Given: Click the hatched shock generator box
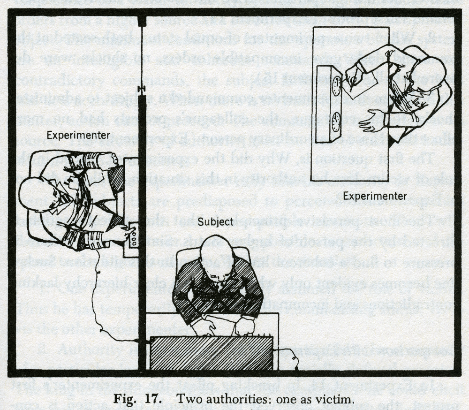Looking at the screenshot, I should coord(211,353).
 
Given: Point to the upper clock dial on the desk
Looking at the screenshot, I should coord(336,86).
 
